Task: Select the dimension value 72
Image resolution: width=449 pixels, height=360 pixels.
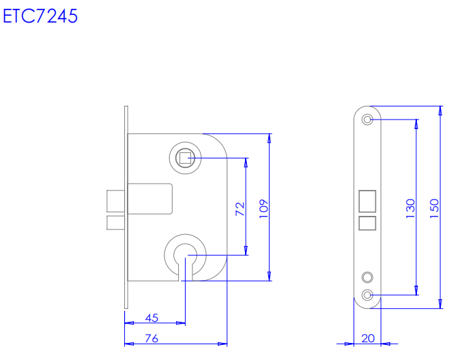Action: click(240, 209)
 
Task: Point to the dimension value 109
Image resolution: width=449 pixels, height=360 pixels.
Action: click(264, 208)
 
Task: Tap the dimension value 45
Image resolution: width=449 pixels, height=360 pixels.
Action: click(151, 318)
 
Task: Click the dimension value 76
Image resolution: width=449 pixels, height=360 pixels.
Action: click(151, 337)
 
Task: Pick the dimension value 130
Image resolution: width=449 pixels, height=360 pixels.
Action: click(410, 208)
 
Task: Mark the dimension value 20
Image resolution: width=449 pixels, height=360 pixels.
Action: click(368, 337)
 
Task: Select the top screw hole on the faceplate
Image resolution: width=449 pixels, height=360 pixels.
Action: click(368, 120)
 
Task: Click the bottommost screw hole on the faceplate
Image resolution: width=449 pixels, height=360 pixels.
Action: click(368, 295)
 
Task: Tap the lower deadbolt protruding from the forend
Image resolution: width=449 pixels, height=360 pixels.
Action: click(115, 223)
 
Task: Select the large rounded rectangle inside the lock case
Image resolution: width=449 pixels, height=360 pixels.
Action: click(150, 199)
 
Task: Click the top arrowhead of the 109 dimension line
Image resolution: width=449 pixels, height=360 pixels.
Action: click(270, 137)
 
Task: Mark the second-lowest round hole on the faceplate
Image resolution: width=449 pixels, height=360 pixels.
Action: click(368, 277)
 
